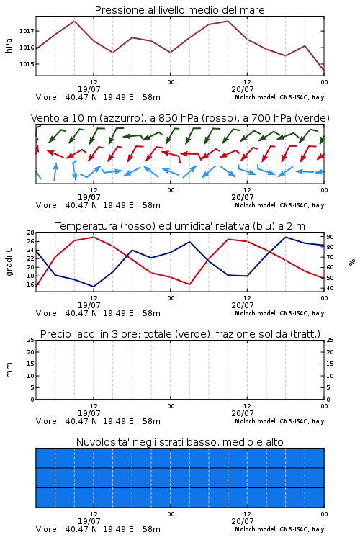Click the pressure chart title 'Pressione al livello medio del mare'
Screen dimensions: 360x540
[179, 10]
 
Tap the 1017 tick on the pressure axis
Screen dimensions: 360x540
[27, 31]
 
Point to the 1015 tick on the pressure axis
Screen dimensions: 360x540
[27, 64]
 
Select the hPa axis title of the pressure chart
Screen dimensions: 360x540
[9, 45]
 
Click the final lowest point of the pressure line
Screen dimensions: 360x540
[324, 71]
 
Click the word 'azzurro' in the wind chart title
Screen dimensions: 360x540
[120, 118]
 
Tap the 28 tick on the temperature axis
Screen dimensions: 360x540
[30, 233]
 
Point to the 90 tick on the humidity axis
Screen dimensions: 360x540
[330, 237]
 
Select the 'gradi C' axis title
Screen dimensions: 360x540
[9, 261]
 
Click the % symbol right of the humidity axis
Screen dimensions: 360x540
[352, 262]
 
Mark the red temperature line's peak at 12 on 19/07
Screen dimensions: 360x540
[94, 237]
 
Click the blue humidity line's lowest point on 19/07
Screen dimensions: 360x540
[94, 287]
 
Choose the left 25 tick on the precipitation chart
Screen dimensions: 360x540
[30, 340]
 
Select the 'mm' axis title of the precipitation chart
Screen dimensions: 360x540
[9, 370]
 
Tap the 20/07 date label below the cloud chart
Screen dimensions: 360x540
[242, 521]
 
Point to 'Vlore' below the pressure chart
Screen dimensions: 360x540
[46, 97]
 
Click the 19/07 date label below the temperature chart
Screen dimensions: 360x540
[89, 305]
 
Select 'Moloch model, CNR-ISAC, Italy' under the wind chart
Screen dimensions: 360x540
[279, 206]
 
